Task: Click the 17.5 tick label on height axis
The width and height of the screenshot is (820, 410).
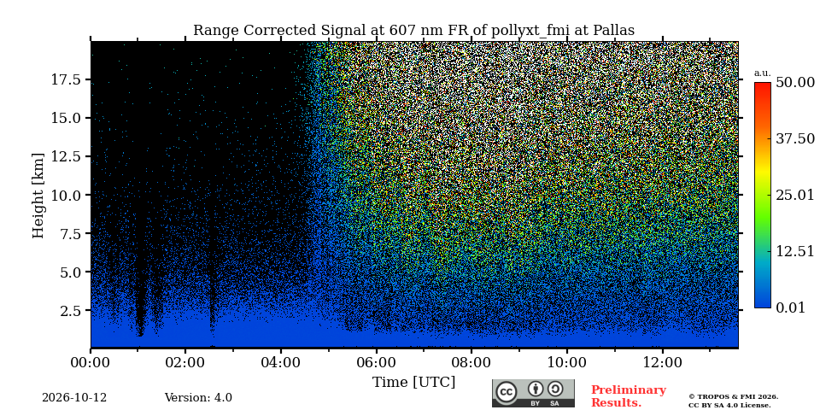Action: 66,79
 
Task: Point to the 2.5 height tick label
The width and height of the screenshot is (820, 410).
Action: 69,311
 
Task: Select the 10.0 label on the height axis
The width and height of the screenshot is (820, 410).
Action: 66,195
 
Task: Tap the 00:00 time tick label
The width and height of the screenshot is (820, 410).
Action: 91,362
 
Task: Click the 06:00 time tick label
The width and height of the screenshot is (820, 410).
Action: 376,362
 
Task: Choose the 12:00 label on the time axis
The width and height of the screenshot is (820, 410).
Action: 663,362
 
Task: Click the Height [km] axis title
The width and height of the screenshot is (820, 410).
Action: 38,195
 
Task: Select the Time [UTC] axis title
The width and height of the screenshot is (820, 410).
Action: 413,383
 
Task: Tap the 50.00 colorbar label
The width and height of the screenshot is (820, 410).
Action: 795,83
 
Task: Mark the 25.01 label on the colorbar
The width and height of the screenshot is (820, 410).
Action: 795,196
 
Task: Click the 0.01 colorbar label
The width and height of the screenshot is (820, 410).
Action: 791,307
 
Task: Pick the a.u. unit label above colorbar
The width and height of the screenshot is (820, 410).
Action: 763,73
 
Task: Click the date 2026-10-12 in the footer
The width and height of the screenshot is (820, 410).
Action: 74,398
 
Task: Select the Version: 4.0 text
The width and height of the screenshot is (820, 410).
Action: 198,398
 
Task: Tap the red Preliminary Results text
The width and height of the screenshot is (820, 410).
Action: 629,396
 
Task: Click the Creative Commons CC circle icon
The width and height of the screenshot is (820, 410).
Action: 507,393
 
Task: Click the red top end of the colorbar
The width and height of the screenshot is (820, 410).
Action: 763,84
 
